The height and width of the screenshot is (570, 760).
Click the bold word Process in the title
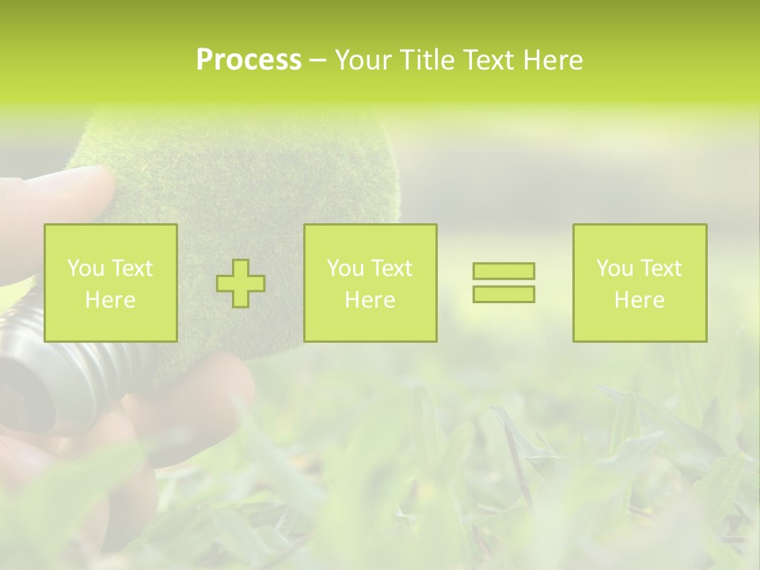pos(249,60)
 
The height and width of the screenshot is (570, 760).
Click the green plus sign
pos(241,283)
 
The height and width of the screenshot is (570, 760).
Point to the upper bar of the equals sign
pos(503,272)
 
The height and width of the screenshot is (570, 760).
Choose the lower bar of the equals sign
pos(503,294)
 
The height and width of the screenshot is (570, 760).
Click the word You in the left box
pos(85,268)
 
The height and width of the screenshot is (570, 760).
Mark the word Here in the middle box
pos(370,300)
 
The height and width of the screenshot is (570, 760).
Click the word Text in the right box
pos(660,268)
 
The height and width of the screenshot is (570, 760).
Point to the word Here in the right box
pos(640,300)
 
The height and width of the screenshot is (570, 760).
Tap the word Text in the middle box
pos(391,268)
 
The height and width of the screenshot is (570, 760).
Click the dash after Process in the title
pos(318,61)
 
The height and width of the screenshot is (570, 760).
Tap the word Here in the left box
pos(111,300)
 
